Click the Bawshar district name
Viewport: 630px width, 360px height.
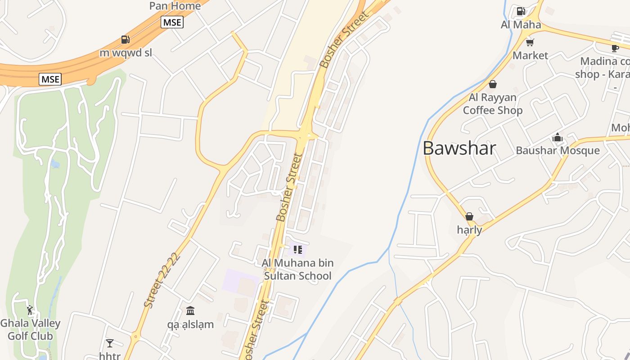pyautogui.click(x=459, y=148)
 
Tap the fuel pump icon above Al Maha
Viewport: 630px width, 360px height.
pyautogui.click(x=521, y=11)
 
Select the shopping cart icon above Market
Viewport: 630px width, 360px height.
pyautogui.click(x=530, y=43)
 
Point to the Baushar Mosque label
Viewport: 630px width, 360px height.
pyautogui.click(x=558, y=150)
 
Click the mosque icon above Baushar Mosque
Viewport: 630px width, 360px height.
pyautogui.click(x=558, y=137)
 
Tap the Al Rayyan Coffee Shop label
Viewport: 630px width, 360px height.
pyautogui.click(x=493, y=104)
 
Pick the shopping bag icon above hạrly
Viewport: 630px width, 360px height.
pyautogui.click(x=469, y=216)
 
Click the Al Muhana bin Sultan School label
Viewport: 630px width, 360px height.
pyautogui.click(x=297, y=269)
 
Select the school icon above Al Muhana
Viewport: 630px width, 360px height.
pyautogui.click(x=297, y=249)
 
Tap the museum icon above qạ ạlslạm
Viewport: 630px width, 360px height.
pyautogui.click(x=190, y=310)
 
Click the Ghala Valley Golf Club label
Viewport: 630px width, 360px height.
pyautogui.click(x=30, y=329)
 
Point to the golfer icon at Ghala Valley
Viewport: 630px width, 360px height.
pyautogui.click(x=30, y=310)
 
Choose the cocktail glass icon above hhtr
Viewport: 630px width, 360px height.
pyautogui.click(x=110, y=343)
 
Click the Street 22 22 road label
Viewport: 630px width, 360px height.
pyautogui.click(x=162, y=280)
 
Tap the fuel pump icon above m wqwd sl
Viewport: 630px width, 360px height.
pyautogui.click(x=126, y=40)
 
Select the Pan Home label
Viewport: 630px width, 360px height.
pyautogui.click(x=175, y=6)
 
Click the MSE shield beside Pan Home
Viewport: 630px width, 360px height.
pyautogui.click(x=172, y=22)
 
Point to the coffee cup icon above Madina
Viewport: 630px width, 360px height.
pyautogui.click(x=615, y=48)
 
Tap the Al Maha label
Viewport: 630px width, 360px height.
pyautogui.click(x=521, y=25)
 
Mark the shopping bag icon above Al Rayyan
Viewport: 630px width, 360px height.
pyautogui.click(x=493, y=84)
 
